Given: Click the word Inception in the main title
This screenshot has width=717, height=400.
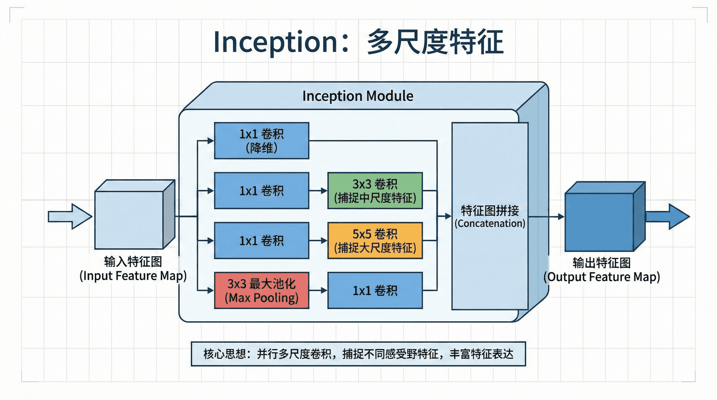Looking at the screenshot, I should pos(276,42).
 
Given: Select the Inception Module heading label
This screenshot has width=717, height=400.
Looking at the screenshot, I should pos(357,96).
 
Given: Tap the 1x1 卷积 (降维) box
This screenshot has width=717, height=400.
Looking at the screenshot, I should pos(261,141).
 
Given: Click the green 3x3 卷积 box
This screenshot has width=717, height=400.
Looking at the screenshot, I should pos(375,190).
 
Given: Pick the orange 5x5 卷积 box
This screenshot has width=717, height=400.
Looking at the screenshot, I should pos(375,240).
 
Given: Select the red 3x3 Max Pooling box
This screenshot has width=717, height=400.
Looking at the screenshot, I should pos(261,290).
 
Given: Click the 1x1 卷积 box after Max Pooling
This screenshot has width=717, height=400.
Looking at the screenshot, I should pos(375,290).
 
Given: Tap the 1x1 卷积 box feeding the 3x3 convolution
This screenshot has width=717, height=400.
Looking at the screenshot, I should pos(261,190).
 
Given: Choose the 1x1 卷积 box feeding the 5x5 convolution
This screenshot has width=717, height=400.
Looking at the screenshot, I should pos(261,240).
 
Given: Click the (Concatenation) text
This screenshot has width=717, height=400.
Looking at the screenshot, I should pos(490,224).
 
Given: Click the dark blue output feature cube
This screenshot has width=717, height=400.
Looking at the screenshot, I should pos(599,222).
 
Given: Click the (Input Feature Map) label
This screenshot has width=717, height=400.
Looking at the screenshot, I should pos(133,276).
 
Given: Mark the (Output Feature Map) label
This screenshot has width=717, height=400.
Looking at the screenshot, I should pos(602,277).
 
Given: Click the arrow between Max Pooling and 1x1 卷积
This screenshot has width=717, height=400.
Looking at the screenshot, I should pos(318,290).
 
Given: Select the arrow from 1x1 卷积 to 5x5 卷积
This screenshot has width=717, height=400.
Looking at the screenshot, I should pos(318,241).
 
